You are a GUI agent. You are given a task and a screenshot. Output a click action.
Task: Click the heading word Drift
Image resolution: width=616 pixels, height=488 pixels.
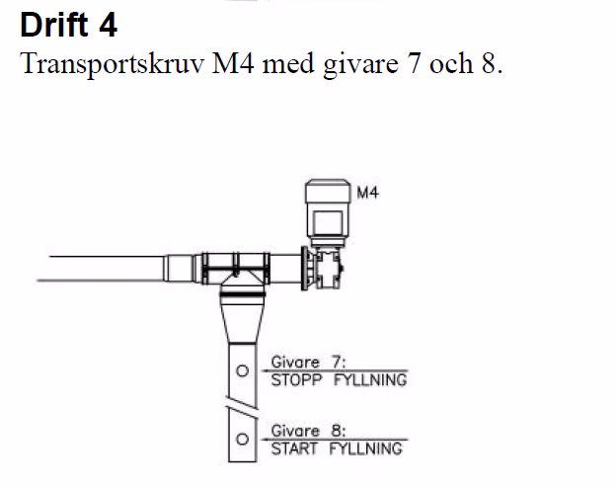pos(54,25)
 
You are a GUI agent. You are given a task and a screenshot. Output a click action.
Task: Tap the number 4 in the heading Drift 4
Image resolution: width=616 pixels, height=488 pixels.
pos(108,25)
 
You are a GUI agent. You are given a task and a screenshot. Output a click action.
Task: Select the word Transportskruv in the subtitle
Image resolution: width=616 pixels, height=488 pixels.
pos(112,64)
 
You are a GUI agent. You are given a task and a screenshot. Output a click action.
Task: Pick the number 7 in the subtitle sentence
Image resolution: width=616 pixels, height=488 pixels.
pos(414,63)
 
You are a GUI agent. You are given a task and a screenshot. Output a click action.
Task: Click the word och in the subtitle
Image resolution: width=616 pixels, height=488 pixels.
pos(450,63)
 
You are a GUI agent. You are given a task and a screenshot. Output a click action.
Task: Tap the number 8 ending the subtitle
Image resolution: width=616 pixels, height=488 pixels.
pos(489,63)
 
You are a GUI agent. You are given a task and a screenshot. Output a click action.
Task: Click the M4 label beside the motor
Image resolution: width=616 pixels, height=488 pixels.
pos(367,193)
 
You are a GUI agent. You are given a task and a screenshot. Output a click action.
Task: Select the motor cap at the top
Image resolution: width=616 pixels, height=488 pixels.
pos(328,191)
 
